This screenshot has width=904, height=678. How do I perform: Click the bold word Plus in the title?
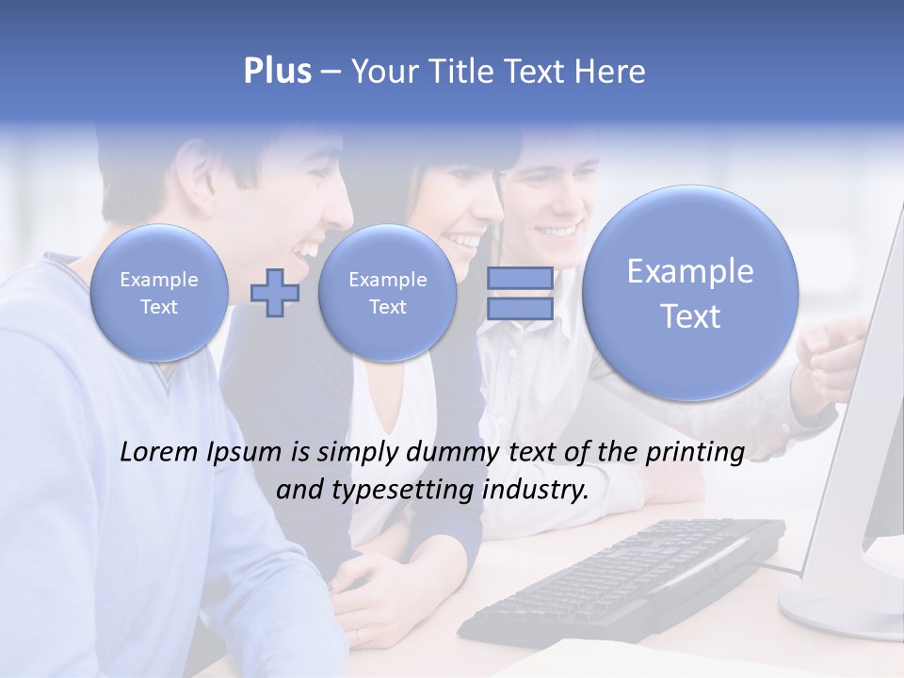tap(277, 72)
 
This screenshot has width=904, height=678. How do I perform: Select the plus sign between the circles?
tap(275, 293)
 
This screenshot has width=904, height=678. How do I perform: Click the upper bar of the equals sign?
tap(520, 278)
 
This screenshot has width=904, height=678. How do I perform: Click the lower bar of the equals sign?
tap(520, 310)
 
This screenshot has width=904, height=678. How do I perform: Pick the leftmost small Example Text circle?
tap(159, 293)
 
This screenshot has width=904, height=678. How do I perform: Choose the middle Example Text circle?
tap(387, 293)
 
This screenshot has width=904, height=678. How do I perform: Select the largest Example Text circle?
tap(690, 293)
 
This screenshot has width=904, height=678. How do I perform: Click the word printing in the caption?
tap(694, 453)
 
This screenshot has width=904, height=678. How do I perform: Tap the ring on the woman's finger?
tap(359, 637)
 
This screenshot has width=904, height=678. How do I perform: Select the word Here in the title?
tap(609, 72)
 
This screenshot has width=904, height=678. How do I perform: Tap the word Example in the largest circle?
tap(690, 272)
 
